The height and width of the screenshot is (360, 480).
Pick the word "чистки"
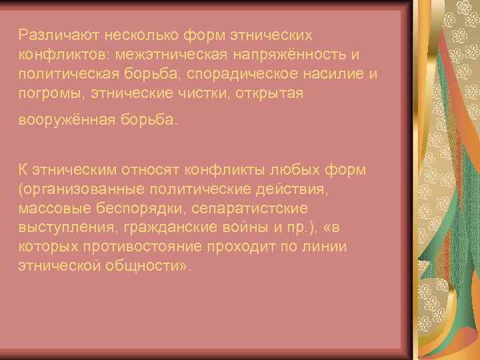point(203,93)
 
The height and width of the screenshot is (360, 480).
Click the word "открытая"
point(270,93)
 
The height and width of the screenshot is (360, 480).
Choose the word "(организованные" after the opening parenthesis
point(77,189)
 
